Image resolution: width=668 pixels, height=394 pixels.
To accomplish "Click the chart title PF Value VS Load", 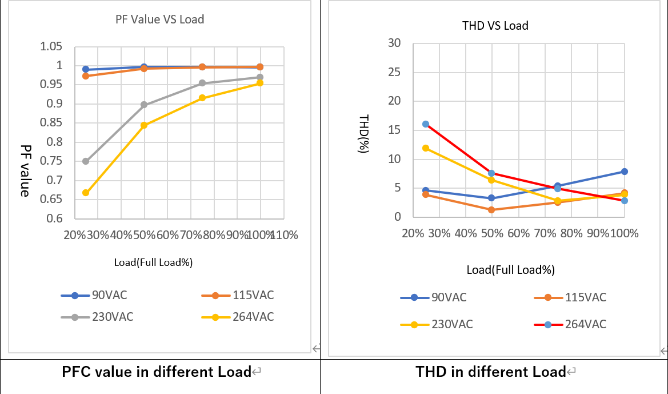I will click(x=159, y=19).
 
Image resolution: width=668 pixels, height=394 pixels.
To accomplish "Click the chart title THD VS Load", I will click(x=495, y=26).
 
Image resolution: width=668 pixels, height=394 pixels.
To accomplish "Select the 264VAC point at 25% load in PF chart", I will click(x=86, y=193).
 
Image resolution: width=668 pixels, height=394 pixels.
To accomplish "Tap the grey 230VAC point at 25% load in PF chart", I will click(x=86, y=161).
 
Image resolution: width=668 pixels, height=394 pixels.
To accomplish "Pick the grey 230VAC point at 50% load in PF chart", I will click(x=144, y=105).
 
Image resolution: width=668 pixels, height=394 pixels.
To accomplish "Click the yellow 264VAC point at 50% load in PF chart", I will click(x=144, y=125).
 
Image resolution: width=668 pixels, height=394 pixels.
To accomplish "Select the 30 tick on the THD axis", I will click(x=394, y=43).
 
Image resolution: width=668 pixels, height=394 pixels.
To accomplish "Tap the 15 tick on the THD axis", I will click(x=394, y=130).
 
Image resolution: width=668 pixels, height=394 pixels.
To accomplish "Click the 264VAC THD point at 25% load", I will click(x=426, y=124).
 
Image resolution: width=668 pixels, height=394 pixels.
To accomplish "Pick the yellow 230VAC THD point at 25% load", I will click(x=426, y=148).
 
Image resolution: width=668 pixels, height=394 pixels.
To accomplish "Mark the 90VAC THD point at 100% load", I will click(x=625, y=172).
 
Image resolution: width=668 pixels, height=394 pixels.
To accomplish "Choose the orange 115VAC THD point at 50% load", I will click(x=491, y=210).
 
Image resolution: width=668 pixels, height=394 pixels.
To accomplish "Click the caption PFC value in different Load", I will click(x=157, y=372).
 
